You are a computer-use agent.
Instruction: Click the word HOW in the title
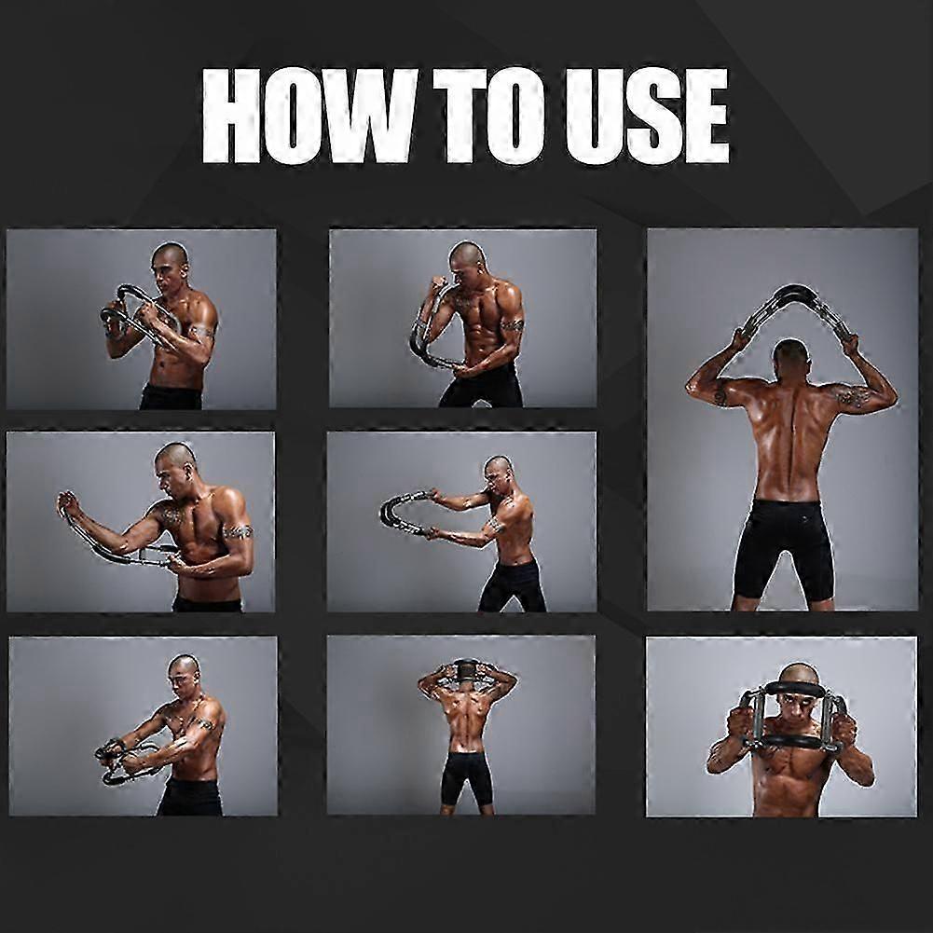tap(308, 116)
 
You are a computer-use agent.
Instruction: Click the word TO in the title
tap(490, 116)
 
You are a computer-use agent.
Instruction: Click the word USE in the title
tap(648, 116)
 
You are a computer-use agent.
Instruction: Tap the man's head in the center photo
tap(498, 473)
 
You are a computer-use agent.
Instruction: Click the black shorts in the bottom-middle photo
tap(466, 778)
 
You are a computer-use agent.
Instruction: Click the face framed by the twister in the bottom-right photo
tap(797, 710)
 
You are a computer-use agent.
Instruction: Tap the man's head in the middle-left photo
tap(174, 462)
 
